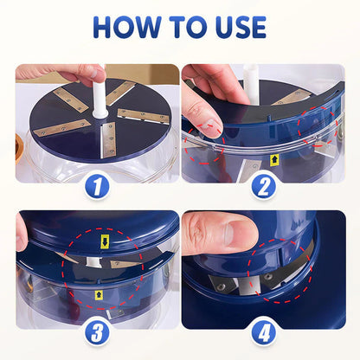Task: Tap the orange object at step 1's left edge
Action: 20,143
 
